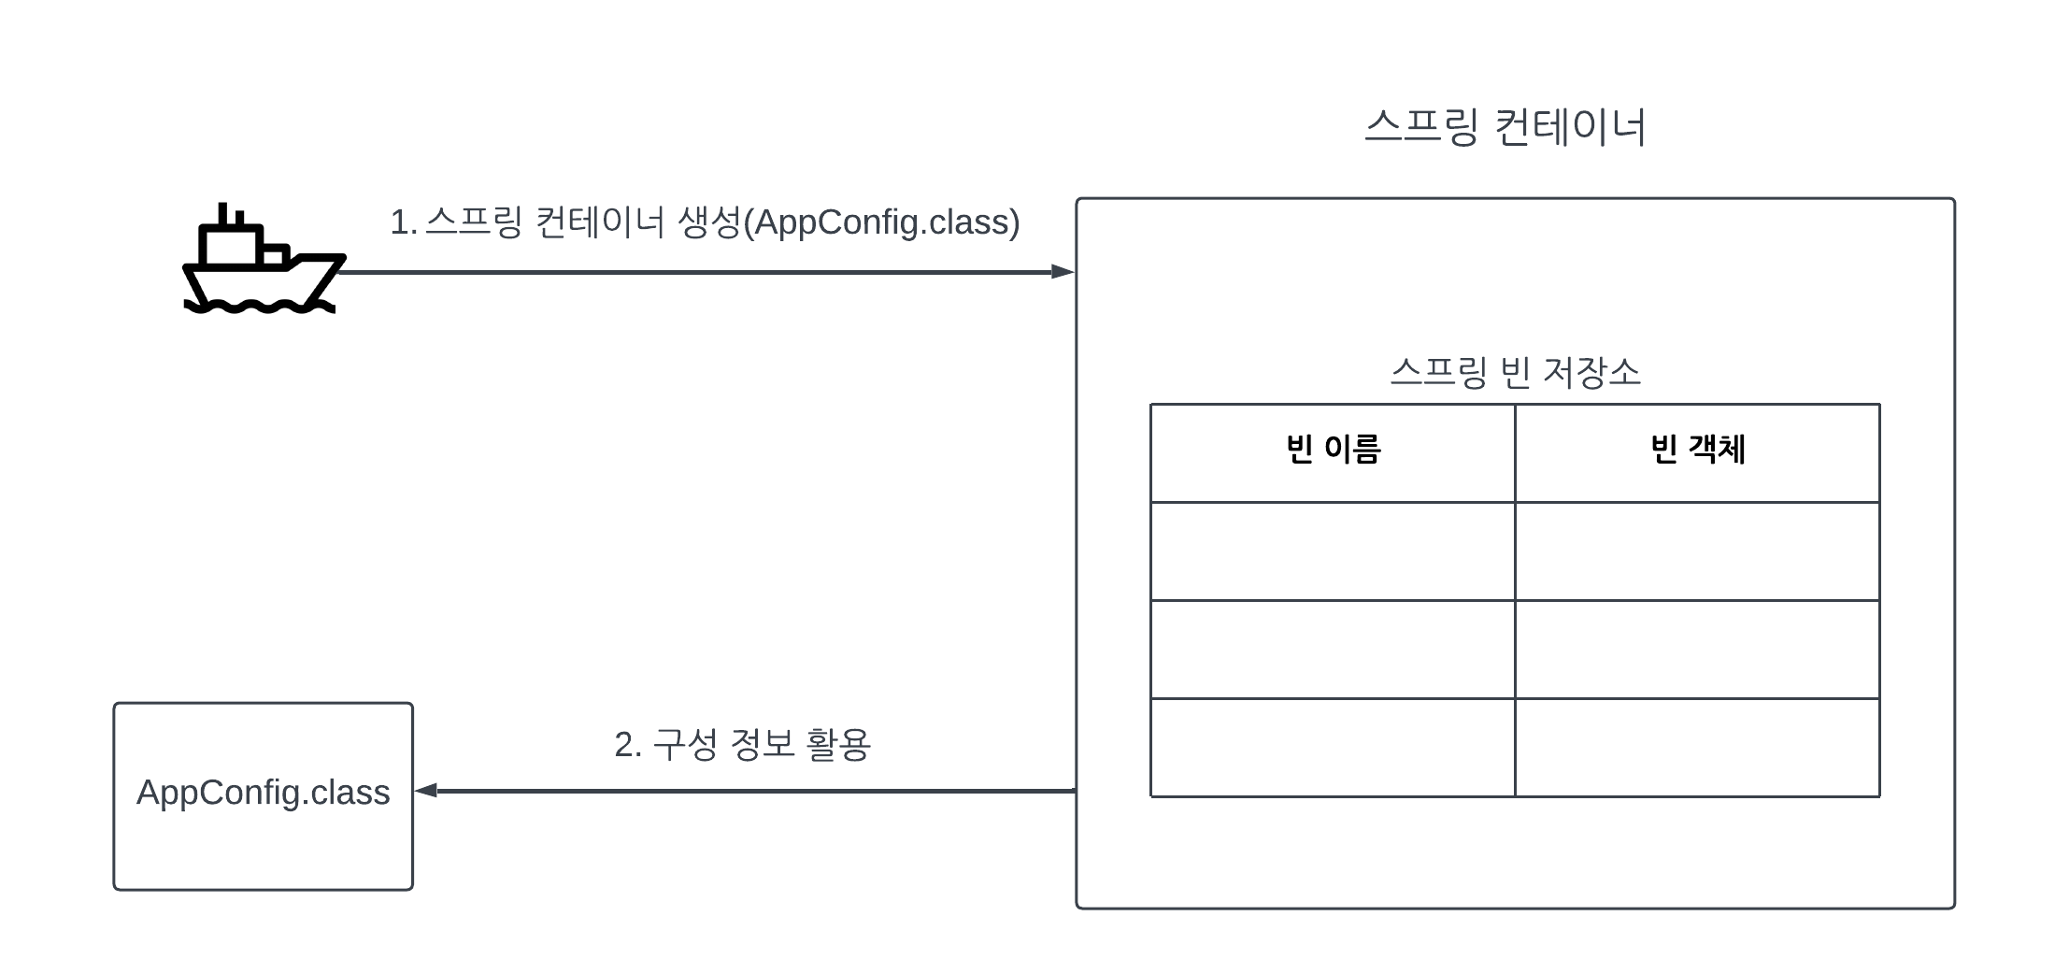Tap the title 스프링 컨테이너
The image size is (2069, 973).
(x=1505, y=127)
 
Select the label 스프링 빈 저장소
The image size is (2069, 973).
(x=1515, y=372)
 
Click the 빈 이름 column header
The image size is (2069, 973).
(x=1333, y=451)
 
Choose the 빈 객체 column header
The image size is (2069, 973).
(x=1697, y=451)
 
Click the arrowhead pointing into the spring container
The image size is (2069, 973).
(x=1063, y=272)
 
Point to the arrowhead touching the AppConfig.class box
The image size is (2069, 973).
(x=426, y=791)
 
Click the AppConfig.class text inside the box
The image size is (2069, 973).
(x=263, y=793)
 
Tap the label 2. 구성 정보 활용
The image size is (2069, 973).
(x=742, y=745)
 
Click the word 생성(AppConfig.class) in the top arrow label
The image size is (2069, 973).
(x=849, y=222)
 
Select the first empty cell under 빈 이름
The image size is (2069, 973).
(x=1333, y=551)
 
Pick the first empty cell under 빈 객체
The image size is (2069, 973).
(x=1697, y=551)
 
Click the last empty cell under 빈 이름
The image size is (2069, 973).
(x=1333, y=748)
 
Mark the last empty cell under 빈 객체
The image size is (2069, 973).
(x=1697, y=748)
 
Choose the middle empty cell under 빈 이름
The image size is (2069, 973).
(x=1333, y=650)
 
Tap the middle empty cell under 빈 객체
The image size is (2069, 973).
(x=1697, y=650)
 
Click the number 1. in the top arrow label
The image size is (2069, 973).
(x=403, y=222)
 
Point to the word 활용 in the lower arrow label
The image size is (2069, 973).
(x=837, y=745)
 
